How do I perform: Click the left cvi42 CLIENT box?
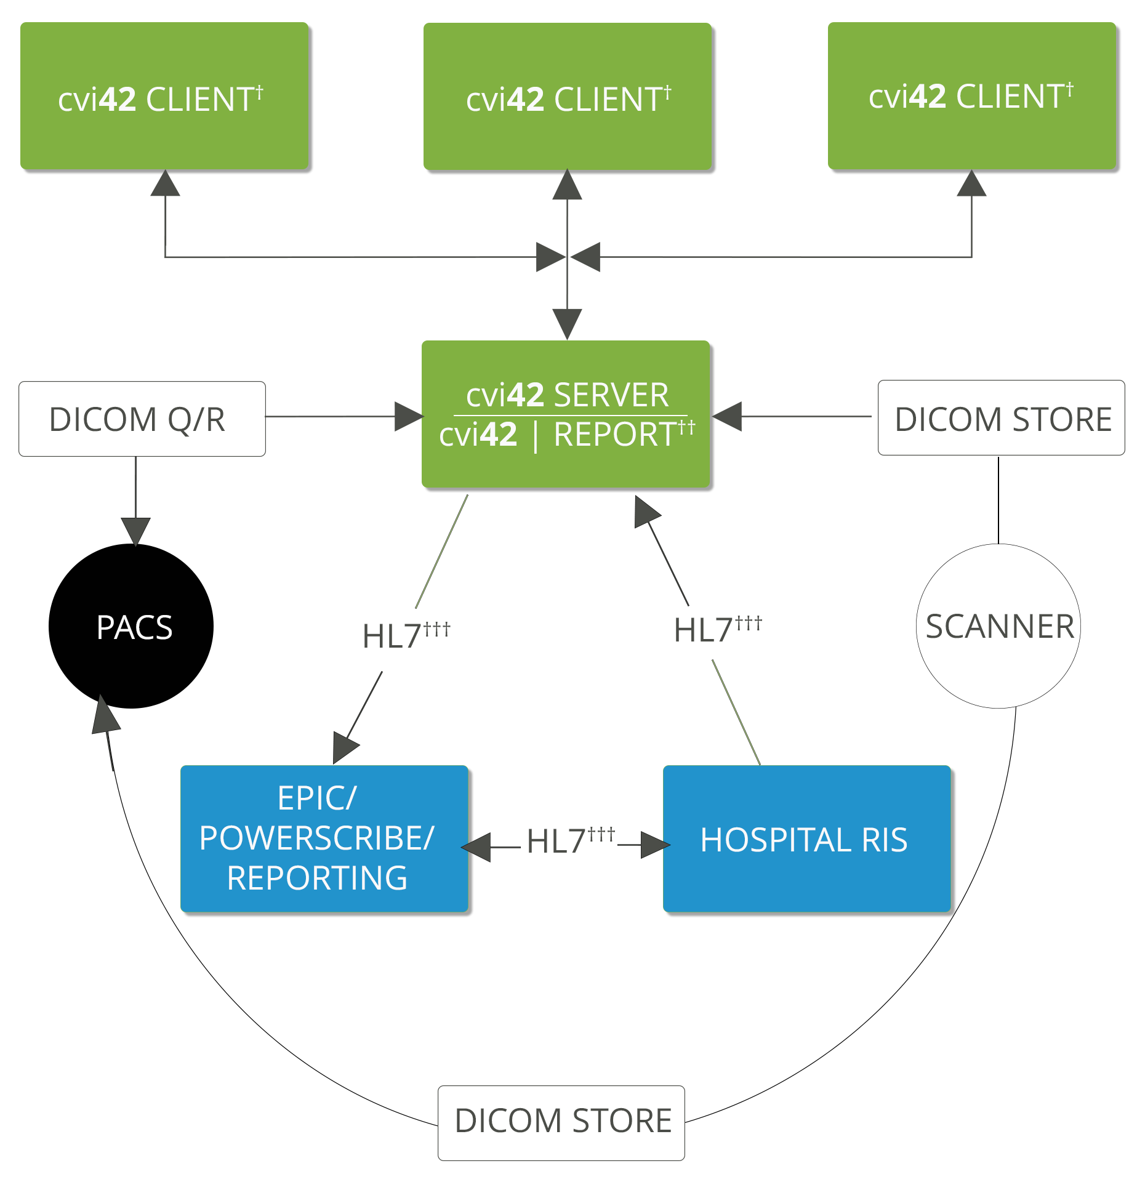[164, 96]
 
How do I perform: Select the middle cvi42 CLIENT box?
[567, 96]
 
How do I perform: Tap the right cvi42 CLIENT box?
[971, 96]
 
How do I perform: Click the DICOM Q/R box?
[142, 419]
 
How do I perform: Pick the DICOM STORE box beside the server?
[1001, 418]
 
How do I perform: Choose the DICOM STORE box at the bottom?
[561, 1123]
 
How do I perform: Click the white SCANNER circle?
[998, 626]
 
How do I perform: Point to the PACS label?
[134, 628]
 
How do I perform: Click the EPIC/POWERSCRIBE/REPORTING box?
[324, 838]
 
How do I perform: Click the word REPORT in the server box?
[615, 435]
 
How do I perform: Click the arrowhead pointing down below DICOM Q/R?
[135, 530]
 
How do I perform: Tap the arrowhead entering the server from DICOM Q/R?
[408, 417]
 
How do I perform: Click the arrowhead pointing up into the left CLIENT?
[165, 184]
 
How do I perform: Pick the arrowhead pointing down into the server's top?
[567, 323]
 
